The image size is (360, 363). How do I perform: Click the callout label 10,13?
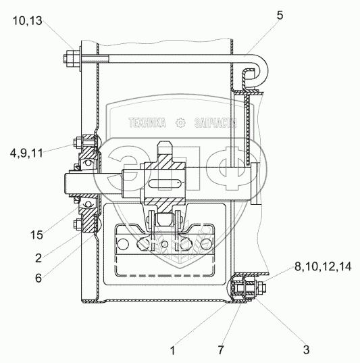27,21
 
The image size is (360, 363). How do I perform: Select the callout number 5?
280,16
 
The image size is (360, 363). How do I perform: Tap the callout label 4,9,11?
26,153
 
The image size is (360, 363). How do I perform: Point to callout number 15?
36,235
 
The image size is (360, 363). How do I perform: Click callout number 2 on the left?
38,258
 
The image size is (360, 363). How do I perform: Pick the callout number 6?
38,278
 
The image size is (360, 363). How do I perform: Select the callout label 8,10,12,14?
323,267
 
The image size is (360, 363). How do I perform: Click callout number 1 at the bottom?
173,351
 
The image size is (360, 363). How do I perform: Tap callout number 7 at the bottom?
221,350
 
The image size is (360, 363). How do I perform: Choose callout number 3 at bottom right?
307,349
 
